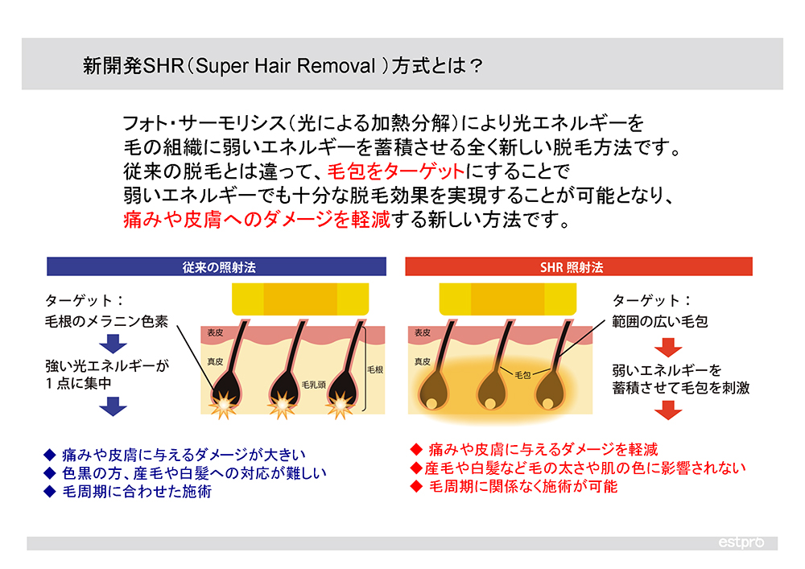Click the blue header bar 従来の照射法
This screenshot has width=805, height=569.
216,267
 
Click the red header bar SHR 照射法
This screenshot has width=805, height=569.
579,267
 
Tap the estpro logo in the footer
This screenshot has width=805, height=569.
741,542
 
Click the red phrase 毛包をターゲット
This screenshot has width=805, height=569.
396,171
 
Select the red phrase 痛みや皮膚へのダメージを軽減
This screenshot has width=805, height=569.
257,220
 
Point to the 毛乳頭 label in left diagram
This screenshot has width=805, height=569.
313,385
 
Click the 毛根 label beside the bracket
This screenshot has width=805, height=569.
375,369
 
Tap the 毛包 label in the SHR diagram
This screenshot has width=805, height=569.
522,375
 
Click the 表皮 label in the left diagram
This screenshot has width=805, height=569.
215,332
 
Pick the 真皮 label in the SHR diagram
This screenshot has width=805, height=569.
423,361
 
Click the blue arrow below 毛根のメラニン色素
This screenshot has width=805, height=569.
113,343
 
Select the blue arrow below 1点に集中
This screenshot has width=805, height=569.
113,406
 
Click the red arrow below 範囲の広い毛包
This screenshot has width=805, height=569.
668,348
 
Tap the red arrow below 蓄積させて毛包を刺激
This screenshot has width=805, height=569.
668,410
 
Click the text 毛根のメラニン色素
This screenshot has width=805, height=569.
107,321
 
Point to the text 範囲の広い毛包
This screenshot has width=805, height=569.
660,322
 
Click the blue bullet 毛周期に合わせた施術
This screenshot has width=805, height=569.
128,492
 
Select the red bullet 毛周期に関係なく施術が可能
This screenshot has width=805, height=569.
514,486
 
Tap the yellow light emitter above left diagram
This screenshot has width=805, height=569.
300,299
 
